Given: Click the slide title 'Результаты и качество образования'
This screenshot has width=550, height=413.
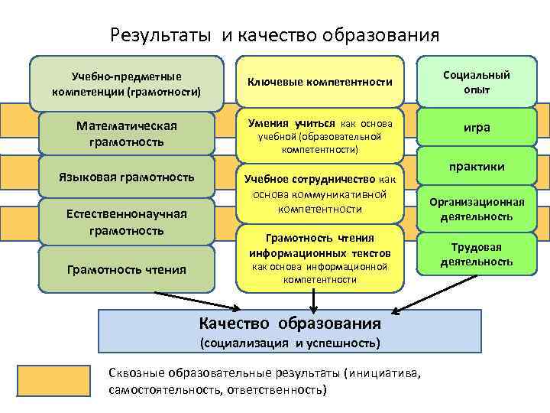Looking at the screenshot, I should pos(274,35).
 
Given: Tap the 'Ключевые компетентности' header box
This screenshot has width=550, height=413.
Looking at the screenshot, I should pos(319,82).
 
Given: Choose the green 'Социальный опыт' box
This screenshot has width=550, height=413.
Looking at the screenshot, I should pos(477,82).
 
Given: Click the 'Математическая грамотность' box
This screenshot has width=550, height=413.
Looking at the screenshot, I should pos(127,134).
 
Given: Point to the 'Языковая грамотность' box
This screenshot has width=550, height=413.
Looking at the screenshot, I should pos(127,177).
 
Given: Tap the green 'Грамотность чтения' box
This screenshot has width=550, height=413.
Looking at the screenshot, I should pos(127,268).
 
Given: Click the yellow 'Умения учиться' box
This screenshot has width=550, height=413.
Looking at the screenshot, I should pos(319,135).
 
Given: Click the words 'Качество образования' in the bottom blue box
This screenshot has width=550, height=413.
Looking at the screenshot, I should pos(289,322).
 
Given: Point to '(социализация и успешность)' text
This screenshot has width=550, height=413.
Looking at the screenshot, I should pos(289,342).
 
